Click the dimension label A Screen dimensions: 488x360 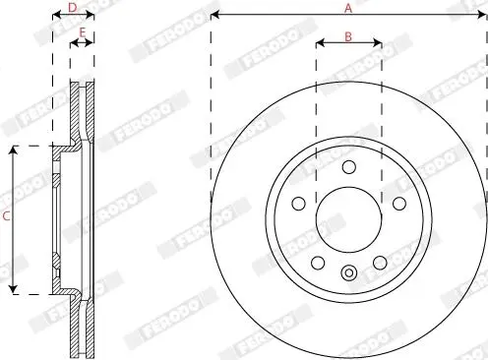(348, 8)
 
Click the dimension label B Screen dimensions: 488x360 (348, 36)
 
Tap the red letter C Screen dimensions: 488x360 (6, 216)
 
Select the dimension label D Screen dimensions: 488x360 (73, 8)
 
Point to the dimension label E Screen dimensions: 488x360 (83, 32)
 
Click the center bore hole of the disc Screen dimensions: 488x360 (349, 219)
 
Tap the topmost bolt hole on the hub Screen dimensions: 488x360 (349, 167)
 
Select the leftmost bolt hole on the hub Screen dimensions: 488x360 (298, 204)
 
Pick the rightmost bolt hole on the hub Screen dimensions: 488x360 (399, 204)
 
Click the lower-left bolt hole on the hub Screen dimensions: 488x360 (318, 263)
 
